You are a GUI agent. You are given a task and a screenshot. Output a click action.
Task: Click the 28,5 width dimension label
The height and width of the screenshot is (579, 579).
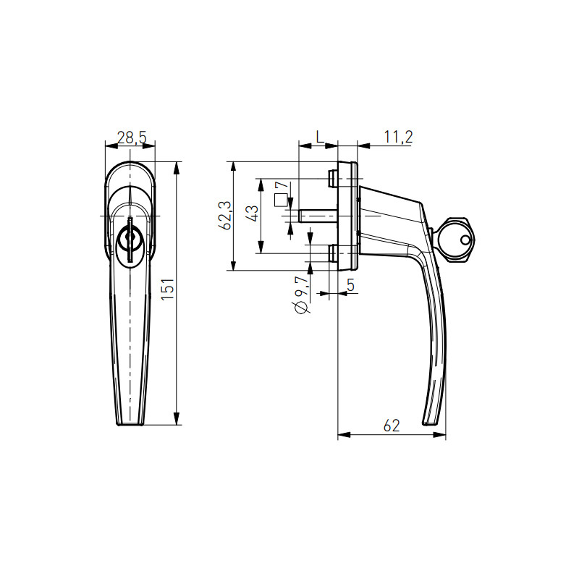[132, 138]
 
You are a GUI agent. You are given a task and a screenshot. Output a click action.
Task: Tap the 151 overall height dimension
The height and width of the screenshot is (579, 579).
[168, 289]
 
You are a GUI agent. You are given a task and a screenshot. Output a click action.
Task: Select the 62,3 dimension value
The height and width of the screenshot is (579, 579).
[225, 215]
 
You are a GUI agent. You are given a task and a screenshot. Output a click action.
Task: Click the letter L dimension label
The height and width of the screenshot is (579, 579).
[320, 137]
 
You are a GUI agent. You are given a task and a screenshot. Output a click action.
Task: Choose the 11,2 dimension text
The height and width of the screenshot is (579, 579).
[398, 137]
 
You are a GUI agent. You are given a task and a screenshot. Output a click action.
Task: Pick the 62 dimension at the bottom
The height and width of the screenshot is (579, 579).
[392, 426]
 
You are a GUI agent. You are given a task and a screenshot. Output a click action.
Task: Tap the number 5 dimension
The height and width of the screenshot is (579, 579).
[350, 285]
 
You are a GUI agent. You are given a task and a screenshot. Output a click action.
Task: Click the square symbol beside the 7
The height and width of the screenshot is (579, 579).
[281, 200]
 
